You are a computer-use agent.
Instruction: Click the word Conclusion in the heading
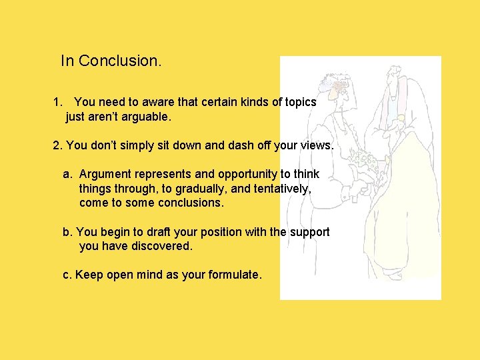tap(119, 61)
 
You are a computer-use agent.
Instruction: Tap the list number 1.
tap(57, 103)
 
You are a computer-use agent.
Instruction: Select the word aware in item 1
tap(158, 103)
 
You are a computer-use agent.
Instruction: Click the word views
tap(317, 145)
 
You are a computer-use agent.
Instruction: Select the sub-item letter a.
tap(67, 174)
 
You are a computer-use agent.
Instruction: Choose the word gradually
tap(197, 189)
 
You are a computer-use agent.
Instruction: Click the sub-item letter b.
tap(67, 232)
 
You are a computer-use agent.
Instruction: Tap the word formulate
tap(235, 275)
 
